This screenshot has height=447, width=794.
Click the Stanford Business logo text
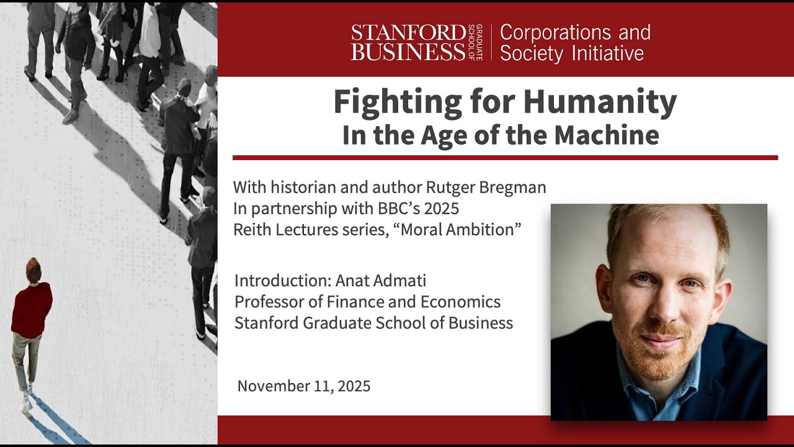pyautogui.click(x=408, y=42)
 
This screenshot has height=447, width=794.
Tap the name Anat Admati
pyautogui.click(x=381, y=281)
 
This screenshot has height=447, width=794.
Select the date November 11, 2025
pyautogui.click(x=304, y=386)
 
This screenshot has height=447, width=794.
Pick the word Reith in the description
pyautogui.click(x=251, y=230)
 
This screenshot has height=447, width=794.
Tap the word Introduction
pyautogui.click(x=282, y=281)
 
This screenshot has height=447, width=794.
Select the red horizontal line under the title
pyautogui.click(x=505, y=158)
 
